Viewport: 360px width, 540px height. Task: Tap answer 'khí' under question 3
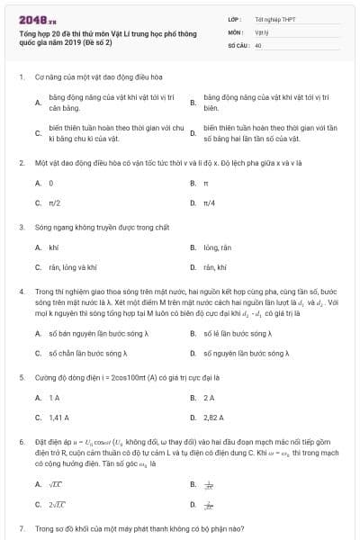53,247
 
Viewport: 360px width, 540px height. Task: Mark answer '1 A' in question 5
54,397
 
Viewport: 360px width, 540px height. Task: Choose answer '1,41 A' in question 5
58,418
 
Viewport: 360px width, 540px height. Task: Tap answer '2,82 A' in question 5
213,418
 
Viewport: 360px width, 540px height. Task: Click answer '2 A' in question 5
209,397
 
